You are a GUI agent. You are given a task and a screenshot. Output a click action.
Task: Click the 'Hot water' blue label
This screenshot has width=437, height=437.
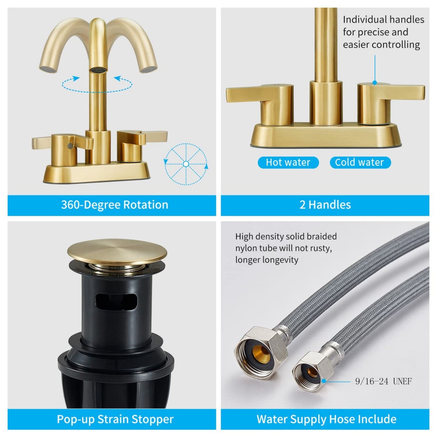point(288,162)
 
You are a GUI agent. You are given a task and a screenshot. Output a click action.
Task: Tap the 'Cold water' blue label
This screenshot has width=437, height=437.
point(360,162)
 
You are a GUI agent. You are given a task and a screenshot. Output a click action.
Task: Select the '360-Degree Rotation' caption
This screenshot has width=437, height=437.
point(115,205)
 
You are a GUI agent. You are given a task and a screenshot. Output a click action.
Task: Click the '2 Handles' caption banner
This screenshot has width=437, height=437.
point(325,205)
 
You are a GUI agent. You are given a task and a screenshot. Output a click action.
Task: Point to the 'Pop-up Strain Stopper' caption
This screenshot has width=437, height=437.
point(115,419)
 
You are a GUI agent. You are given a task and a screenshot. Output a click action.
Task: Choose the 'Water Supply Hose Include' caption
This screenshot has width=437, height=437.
point(326,419)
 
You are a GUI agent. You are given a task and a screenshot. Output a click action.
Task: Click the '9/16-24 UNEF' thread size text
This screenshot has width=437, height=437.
point(383,381)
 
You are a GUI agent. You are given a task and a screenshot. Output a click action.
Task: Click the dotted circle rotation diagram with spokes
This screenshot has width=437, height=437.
point(186,164)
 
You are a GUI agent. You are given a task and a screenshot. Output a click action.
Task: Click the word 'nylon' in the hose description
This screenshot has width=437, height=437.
point(247,248)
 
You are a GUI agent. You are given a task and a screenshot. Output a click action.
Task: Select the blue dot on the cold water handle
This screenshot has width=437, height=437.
point(375,83)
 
